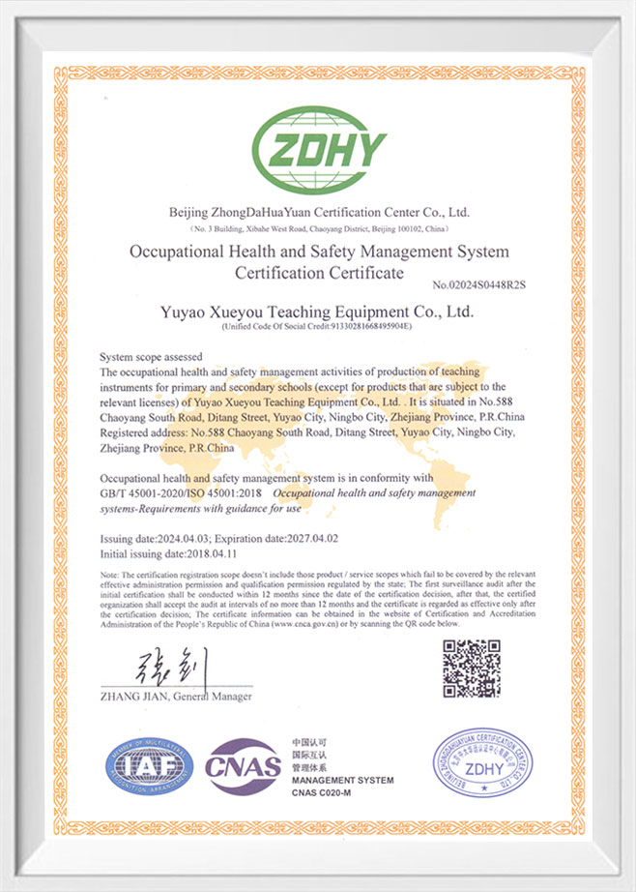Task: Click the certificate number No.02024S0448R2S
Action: [483, 284]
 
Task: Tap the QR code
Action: [472, 669]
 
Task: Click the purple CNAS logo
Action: [243, 765]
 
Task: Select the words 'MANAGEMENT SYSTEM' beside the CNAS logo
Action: [342, 780]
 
